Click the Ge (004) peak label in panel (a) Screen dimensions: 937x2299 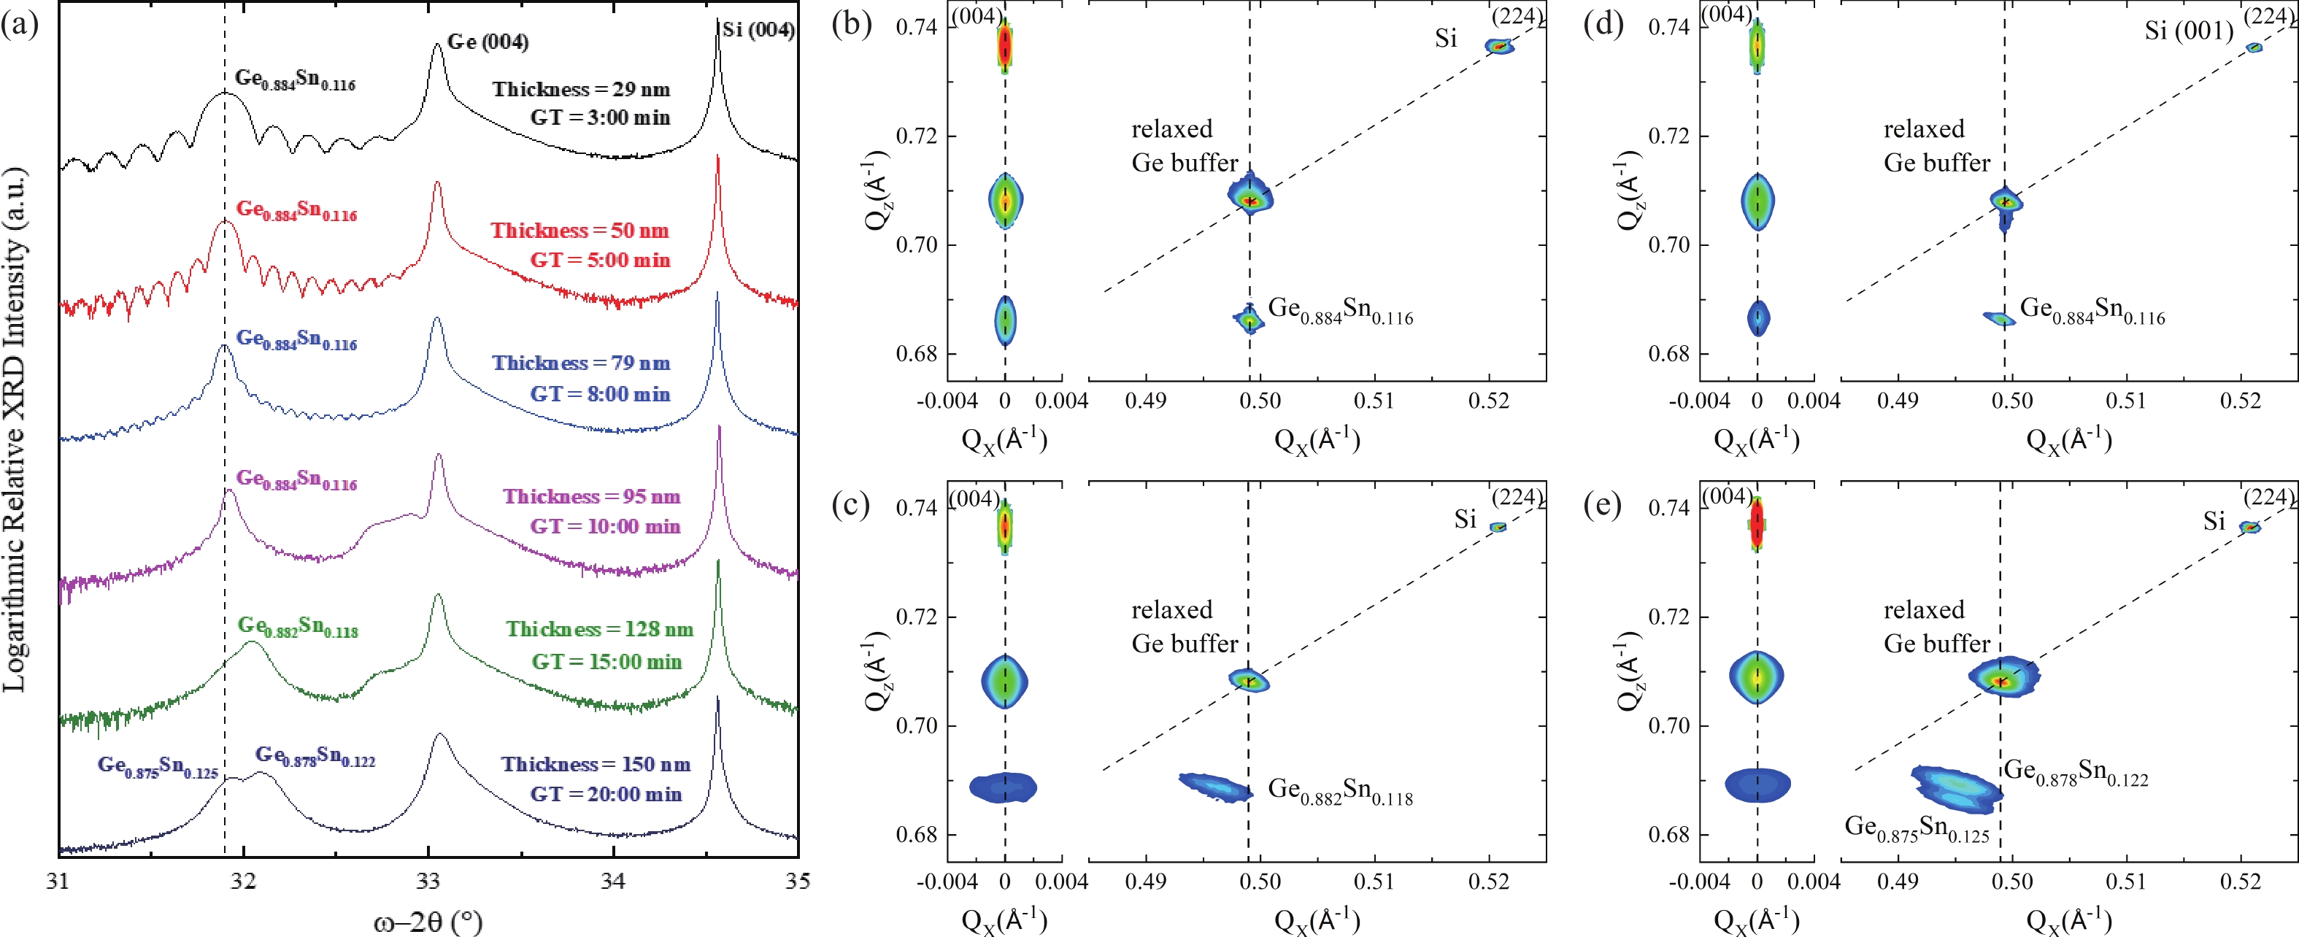[488, 42]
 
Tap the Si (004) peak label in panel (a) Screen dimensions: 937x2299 [758, 29]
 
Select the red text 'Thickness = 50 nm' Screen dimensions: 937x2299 [579, 230]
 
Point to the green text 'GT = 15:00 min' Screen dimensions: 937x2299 [607, 661]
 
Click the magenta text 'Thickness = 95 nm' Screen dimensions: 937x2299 [591, 496]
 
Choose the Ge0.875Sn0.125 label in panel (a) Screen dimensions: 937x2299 [158, 766]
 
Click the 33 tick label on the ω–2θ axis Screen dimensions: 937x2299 [428, 882]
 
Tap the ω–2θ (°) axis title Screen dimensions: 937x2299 [428, 920]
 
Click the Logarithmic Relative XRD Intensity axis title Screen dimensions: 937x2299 [15, 428]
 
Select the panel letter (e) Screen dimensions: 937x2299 [1603, 505]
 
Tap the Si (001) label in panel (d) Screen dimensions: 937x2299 [2188, 31]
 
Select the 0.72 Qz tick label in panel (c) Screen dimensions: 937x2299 [917, 617]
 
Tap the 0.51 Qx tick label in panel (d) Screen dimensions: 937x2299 [2127, 401]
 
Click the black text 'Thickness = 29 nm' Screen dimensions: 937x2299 [581, 89]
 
